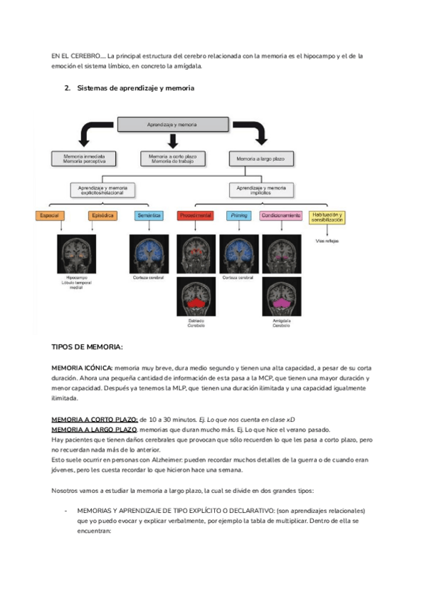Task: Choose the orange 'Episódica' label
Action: (102, 215)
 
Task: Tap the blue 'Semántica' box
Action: (149, 215)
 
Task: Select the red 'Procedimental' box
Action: (196, 215)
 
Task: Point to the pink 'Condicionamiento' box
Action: (280, 215)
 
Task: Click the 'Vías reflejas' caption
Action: (327, 241)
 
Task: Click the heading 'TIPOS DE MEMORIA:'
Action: (88, 347)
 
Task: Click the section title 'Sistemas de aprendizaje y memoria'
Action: (135, 88)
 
